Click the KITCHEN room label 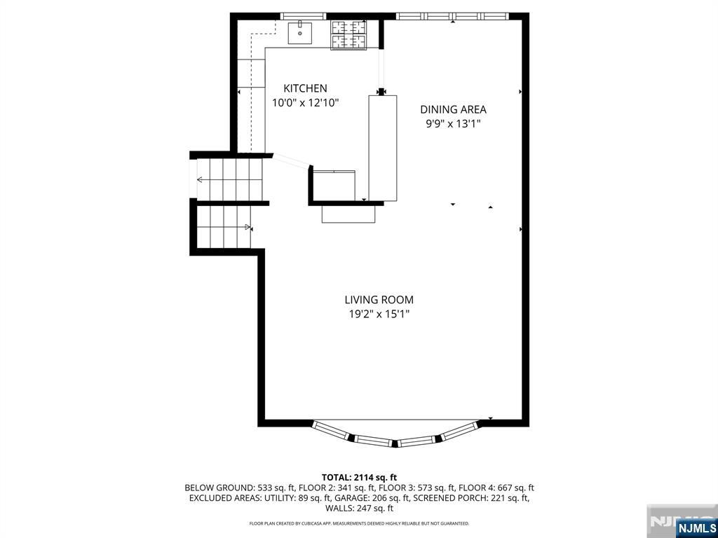click(x=305, y=88)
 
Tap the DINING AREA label click(x=454, y=109)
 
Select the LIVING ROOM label click(x=379, y=300)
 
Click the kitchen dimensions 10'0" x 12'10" click(x=306, y=102)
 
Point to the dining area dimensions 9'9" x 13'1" click(x=454, y=123)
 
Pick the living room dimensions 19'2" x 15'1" click(x=379, y=315)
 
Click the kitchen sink click(x=300, y=33)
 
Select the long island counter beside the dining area click(x=383, y=149)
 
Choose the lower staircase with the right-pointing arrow click(x=224, y=227)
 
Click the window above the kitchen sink click(x=303, y=16)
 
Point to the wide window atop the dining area click(x=452, y=16)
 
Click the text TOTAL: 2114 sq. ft click(x=359, y=478)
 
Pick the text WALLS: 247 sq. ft click(x=360, y=509)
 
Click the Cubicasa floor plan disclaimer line click(x=359, y=523)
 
